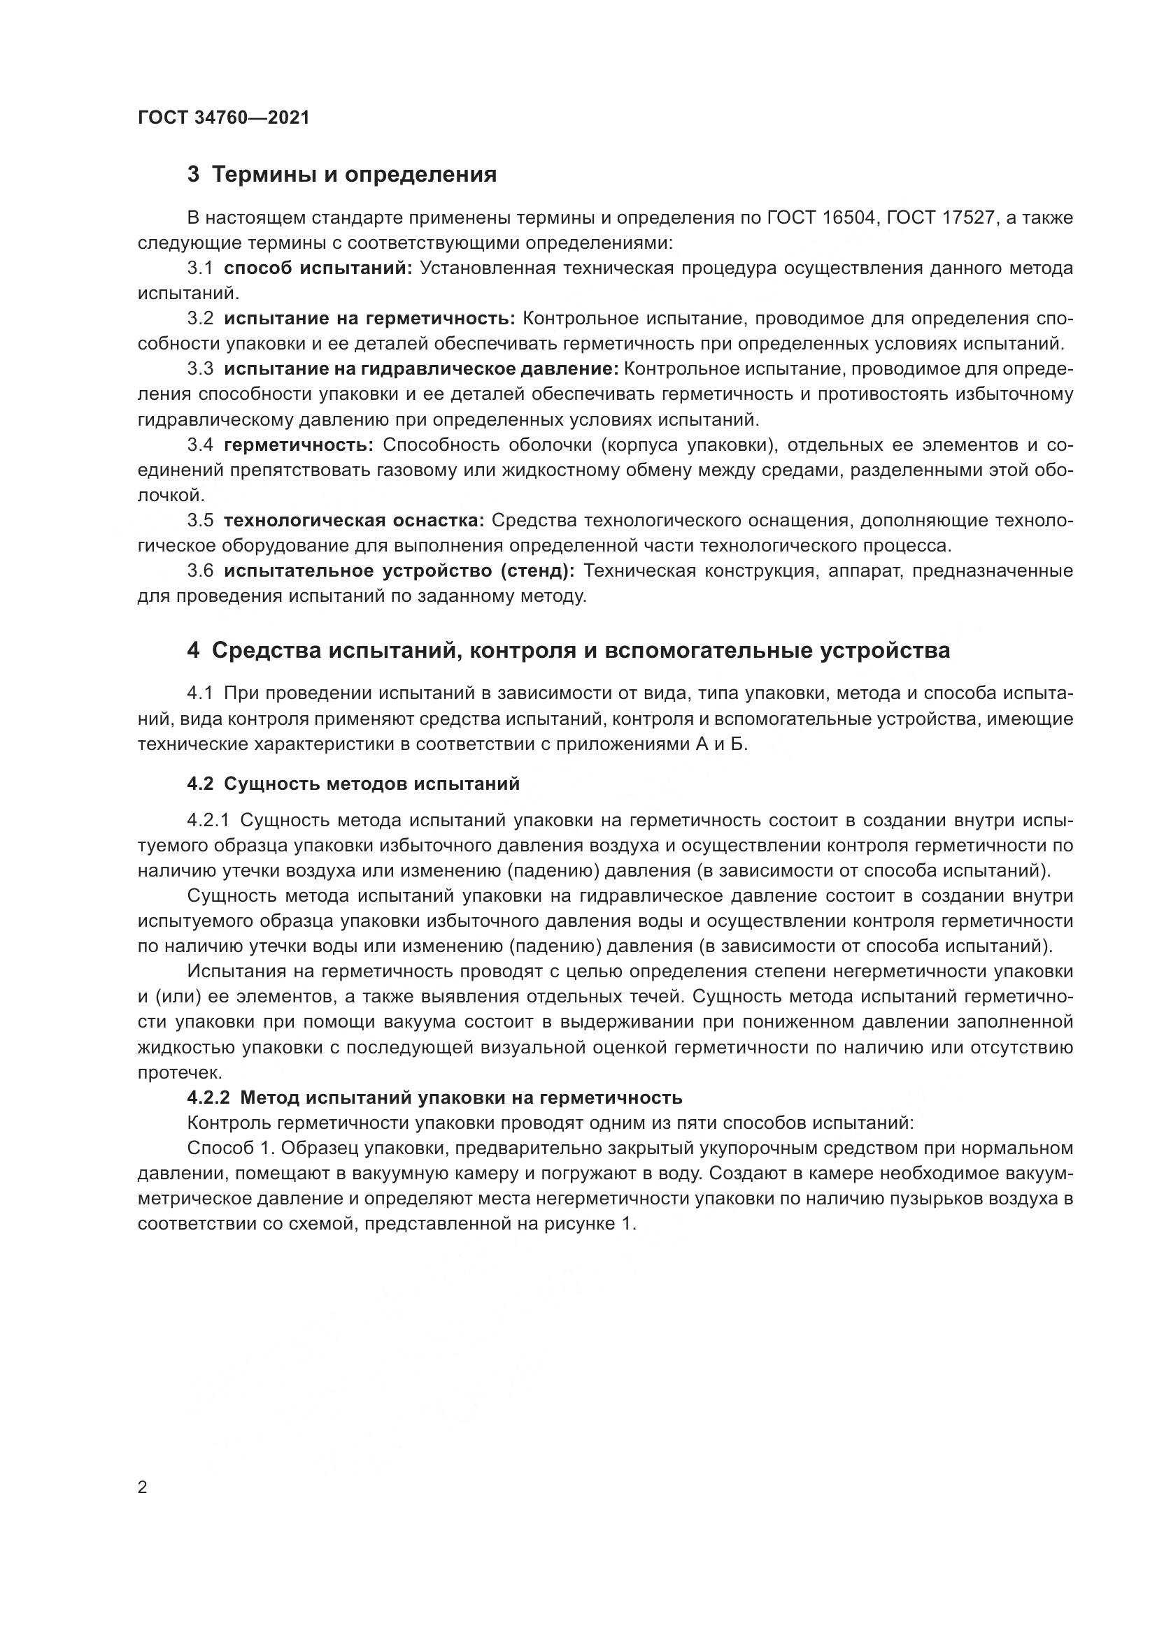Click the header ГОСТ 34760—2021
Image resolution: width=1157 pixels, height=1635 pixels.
(x=224, y=118)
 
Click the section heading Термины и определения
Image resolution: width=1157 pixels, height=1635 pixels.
(x=354, y=175)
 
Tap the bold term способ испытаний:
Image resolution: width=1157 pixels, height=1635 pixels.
(x=318, y=268)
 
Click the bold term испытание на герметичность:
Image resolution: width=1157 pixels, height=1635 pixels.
(x=369, y=319)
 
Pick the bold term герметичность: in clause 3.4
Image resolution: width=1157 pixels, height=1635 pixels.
(x=299, y=445)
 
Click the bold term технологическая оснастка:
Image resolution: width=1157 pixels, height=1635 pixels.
(x=353, y=521)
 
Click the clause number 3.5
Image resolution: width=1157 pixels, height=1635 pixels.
(x=200, y=521)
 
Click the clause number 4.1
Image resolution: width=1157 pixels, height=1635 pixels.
(x=200, y=693)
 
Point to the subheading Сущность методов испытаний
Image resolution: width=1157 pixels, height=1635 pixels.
(x=372, y=784)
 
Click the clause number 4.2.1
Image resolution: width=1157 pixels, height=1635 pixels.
(x=208, y=821)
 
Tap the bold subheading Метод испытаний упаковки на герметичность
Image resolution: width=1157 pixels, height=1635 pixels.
(x=461, y=1097)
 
